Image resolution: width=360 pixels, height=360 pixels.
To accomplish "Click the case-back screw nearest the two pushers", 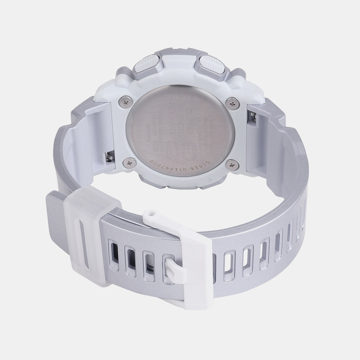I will (x=232, y=104).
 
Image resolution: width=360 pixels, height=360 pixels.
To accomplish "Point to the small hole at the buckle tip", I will (x=150, y=213).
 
